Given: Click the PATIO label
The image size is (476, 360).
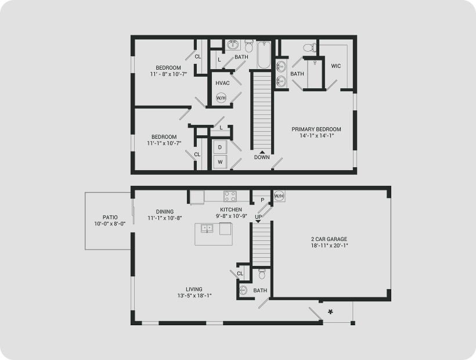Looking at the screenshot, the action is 110,217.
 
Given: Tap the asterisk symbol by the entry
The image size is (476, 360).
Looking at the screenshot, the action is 331,312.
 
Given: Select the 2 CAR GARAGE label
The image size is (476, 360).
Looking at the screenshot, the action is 329,239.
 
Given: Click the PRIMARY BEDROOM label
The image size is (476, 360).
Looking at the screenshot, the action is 316,129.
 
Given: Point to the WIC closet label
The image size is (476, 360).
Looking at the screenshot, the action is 336,66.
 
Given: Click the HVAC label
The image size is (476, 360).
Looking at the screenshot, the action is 222,83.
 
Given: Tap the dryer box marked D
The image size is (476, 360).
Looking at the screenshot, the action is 220,147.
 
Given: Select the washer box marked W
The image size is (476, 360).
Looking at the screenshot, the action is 220,162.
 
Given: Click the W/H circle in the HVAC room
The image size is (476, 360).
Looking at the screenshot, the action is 221,98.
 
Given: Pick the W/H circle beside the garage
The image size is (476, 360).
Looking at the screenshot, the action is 279,196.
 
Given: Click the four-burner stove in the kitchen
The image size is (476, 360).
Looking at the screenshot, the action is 230,196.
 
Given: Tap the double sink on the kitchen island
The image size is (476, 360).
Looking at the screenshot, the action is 207,228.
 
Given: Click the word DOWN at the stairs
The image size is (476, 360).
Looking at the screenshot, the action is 262,157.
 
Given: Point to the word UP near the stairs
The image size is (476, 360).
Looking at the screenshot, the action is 258,217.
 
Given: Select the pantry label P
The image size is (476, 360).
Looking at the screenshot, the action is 262,200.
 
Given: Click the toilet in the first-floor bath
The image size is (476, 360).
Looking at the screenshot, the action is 262,274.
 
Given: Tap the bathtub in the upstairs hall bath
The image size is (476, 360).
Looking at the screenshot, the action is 264,55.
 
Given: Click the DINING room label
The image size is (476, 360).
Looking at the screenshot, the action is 165,211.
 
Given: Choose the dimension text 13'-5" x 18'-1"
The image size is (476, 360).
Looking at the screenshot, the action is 194,296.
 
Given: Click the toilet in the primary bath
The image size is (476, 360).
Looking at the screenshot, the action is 310,48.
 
